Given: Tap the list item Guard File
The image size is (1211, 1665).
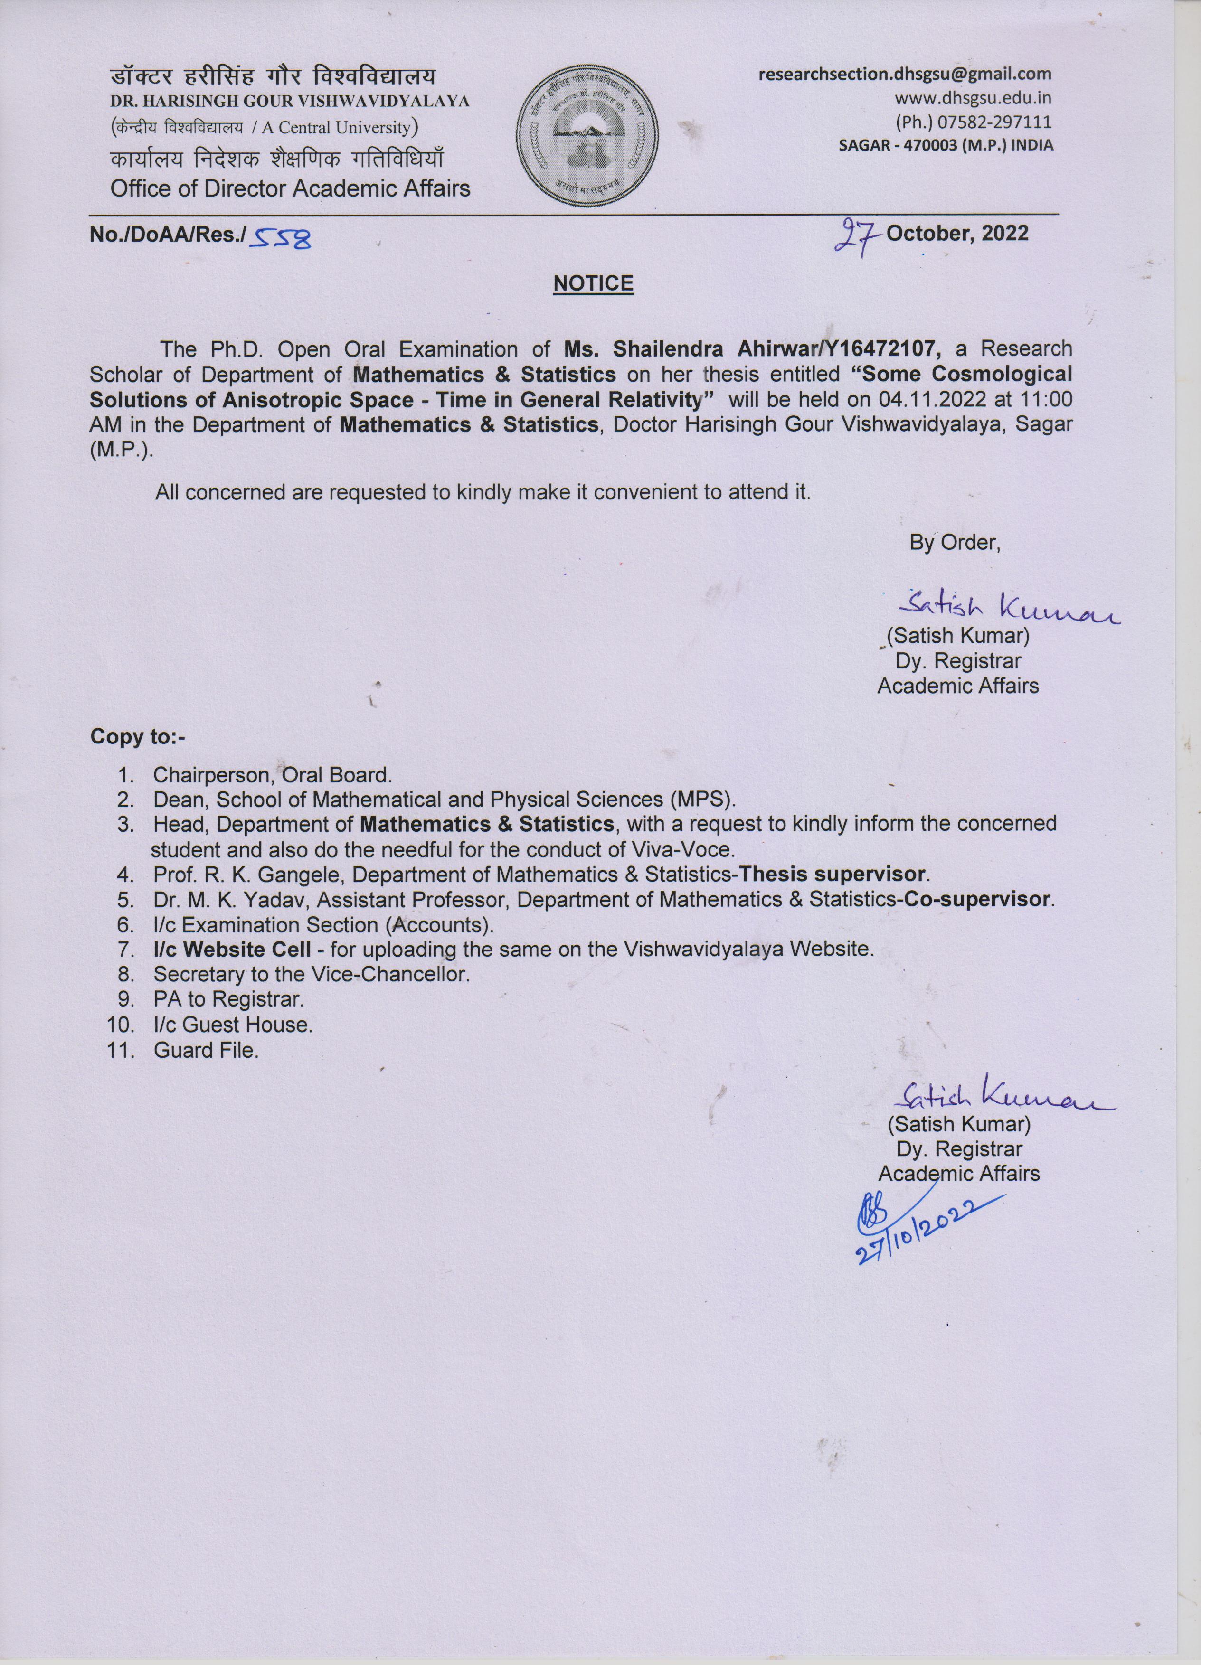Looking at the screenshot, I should (x=206, y=1051).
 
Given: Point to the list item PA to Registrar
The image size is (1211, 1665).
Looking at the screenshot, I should (x=228, y=1000).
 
